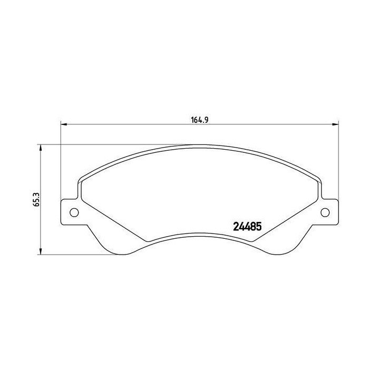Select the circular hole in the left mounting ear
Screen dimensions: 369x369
point(74,212)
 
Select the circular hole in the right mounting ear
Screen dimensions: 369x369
point(325,212)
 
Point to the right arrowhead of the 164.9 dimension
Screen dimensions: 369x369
point(336,125)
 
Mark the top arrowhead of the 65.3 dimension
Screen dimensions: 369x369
point(40,148)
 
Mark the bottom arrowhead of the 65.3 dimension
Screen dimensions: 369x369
point(40,252)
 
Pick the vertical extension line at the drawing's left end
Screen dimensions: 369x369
point(62,158)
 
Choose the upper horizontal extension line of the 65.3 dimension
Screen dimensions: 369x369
point(105,144)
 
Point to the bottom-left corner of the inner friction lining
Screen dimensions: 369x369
point(149,241)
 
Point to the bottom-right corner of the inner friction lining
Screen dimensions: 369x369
point(251,241)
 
